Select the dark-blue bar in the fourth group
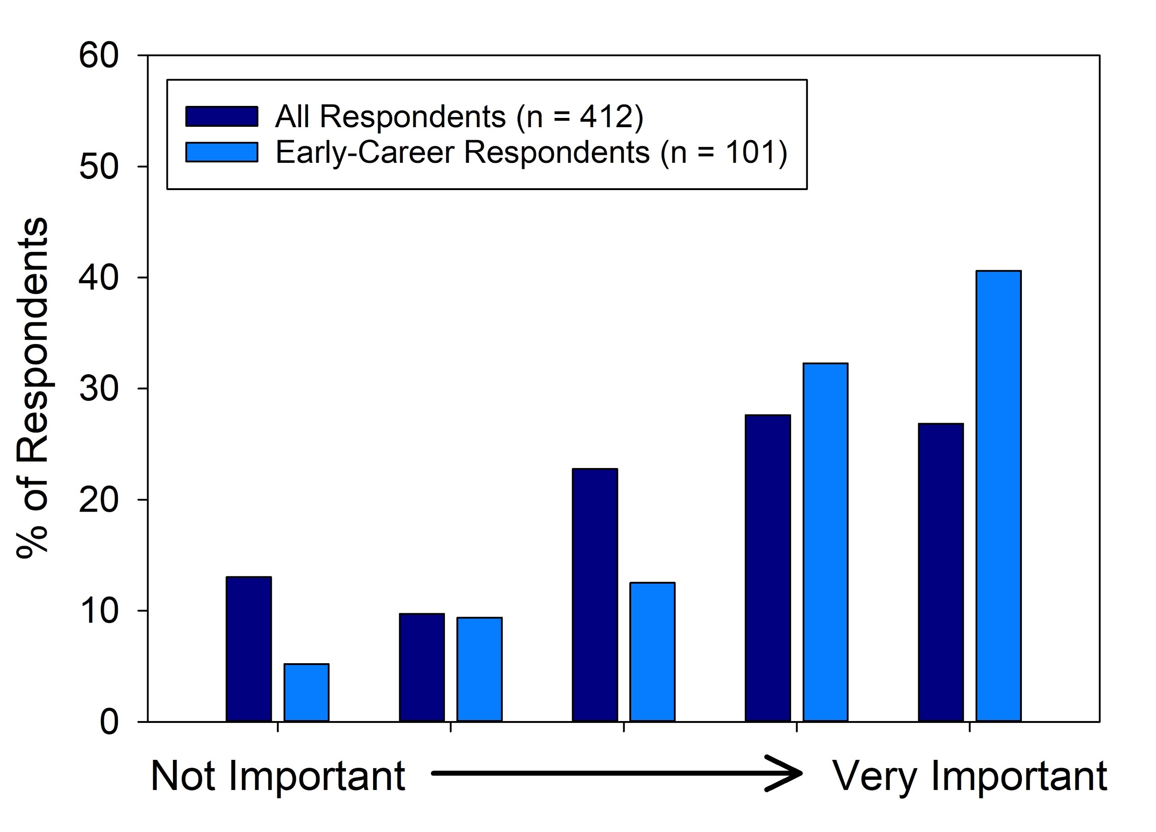(768, 568)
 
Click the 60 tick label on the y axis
(99, 55)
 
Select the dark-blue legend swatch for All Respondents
(221, 116)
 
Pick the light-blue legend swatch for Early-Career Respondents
(221, 152)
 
